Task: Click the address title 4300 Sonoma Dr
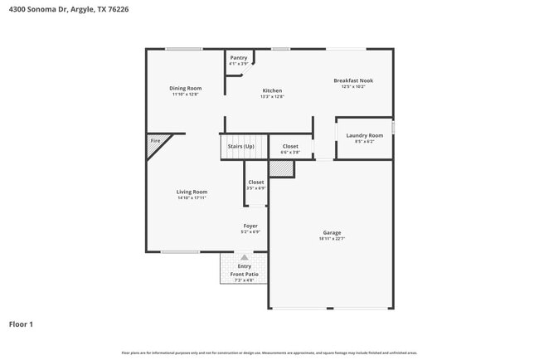(70, 9)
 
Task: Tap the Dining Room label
(186, 88)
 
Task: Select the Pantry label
(239, 57)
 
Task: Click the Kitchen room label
(272, 90)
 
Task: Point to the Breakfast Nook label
(353, 80)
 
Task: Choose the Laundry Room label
(364, 135)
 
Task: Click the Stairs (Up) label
(240, 146)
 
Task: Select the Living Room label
(192, 192)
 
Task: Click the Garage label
(332, 232)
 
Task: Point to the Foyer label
(250, 226)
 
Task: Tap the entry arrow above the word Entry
(244, 257)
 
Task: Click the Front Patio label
(245, 274)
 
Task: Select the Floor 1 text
(21, 324)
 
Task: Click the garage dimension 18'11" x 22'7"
(332, 239)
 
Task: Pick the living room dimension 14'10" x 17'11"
(192, 198)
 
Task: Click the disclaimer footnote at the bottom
(269, 353)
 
